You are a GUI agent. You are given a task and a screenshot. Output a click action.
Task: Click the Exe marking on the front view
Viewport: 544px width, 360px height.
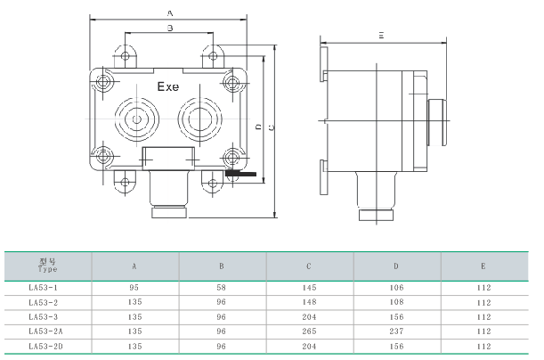click(168, 87)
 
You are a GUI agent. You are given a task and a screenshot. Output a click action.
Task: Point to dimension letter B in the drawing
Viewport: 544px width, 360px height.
click(170, 29)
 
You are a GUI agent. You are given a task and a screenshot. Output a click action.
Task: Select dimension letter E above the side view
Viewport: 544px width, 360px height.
click(380, 35)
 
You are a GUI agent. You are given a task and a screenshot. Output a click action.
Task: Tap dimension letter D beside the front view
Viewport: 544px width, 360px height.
click(258, 128)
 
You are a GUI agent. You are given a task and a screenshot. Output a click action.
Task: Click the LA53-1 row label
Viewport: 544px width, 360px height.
click(44, 288)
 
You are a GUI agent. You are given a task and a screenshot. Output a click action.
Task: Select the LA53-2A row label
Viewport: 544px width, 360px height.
click(46, 331)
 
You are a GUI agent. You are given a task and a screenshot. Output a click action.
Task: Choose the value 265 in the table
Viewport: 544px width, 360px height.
click(309, 331)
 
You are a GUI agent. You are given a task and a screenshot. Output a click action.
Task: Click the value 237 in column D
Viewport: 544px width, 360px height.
click(396, 331)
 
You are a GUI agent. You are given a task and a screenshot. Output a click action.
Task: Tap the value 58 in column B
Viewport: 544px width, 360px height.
click(222, 288)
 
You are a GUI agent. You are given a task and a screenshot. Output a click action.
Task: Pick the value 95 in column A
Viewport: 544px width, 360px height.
click(134, 288)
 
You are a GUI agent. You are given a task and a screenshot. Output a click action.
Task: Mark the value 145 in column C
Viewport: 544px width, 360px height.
click(309, 288)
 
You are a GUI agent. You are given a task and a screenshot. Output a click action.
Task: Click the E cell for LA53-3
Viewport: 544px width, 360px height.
click(483, 316)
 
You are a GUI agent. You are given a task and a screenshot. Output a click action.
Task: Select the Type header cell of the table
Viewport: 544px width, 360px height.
click(48, 266)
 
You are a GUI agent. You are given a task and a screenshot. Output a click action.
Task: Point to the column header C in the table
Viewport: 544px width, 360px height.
click(309, 266)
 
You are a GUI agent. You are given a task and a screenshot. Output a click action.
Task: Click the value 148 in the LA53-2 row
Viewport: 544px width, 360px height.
click(309, 302)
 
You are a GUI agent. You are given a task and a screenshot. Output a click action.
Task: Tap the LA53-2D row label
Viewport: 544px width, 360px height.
click(46, 345)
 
